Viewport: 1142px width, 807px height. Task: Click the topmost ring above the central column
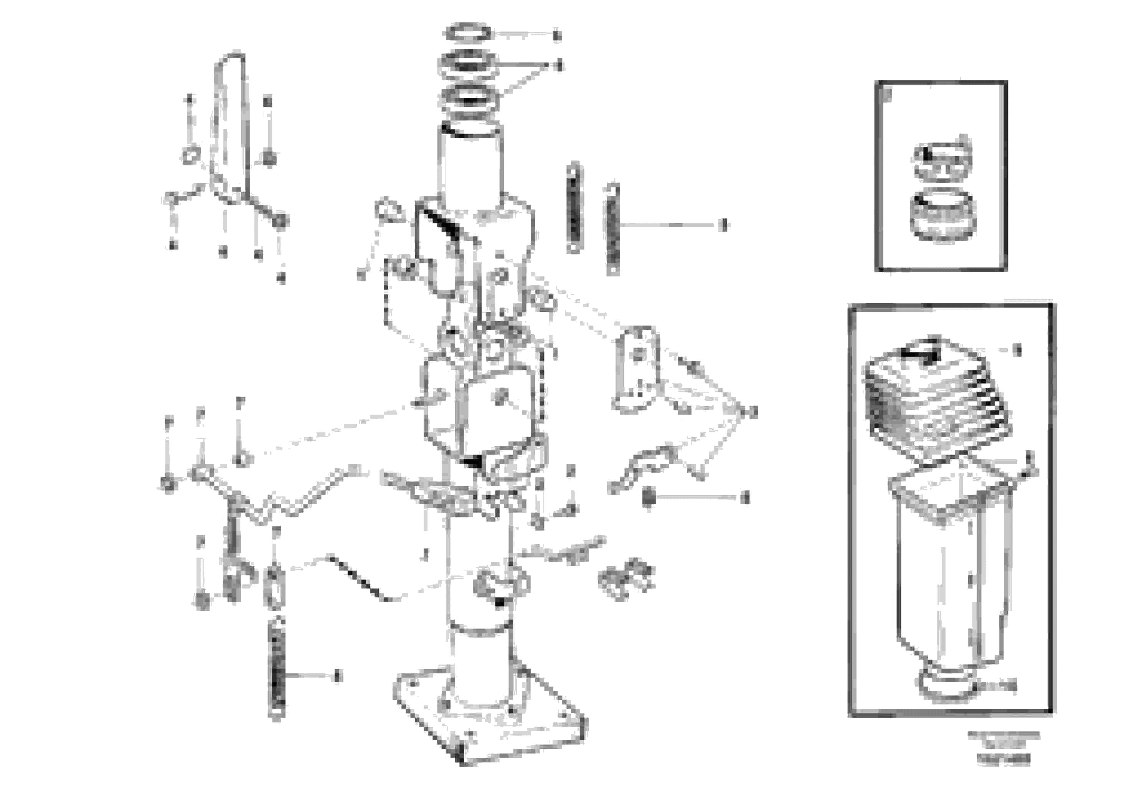point(467,33)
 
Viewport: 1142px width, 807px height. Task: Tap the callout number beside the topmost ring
point(557,35)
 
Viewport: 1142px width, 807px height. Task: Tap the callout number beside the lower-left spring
point(338,676)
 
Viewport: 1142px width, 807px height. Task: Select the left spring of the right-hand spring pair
point(574,207)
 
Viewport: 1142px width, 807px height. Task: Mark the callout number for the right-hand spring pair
point(724,225)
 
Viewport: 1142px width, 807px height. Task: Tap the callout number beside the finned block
point(1017,350)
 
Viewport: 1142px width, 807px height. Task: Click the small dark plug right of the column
point(648,497)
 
